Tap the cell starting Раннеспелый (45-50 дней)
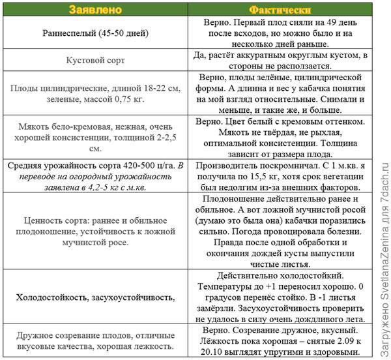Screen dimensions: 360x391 (96, 33)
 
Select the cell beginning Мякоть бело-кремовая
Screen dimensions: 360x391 (96, 136)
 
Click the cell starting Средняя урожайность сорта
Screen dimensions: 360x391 (96, 177)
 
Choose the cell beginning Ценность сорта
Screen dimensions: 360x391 (96, 232)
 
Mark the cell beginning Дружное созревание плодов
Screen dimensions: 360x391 (96, 342)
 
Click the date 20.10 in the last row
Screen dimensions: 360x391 (212, 353)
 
